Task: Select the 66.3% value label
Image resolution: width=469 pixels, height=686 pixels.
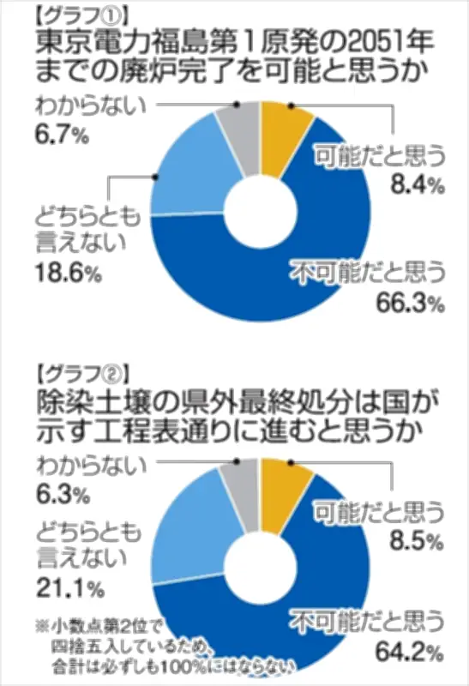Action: tap(409, 302)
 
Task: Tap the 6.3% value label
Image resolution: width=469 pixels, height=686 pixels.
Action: tap(59, 494)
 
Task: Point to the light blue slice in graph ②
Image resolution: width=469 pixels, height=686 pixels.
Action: tap(190, 523)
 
